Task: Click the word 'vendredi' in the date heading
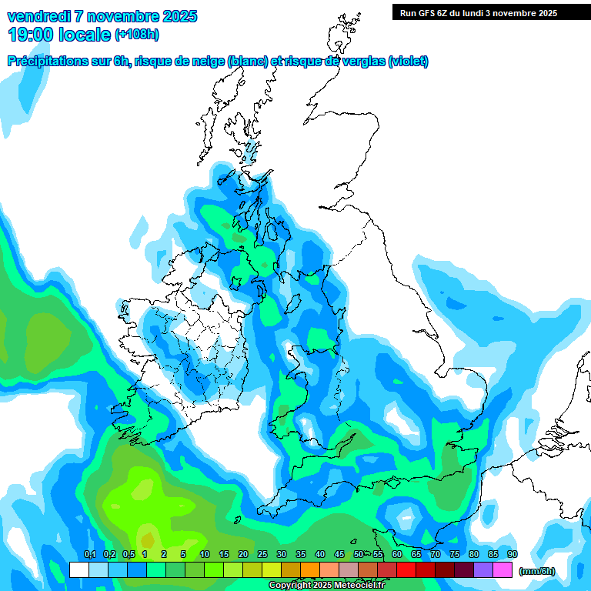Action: tap(37, 16)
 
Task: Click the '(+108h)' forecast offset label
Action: tap(136, 35)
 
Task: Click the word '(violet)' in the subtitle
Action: tap(409, 62)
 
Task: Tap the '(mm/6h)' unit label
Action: tap(536, 571)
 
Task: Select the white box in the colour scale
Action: tap(79, 569)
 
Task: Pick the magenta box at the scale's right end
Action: tap(503, 569)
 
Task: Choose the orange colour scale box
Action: tap(310, 569)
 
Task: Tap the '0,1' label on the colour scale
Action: tap(89, 555)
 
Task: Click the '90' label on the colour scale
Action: tap(513, 555)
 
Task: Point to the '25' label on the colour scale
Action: tap(262, 555)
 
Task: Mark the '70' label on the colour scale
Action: tap(436, 555)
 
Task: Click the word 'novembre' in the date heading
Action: tap(120, 16)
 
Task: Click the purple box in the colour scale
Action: tap(483, 569)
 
